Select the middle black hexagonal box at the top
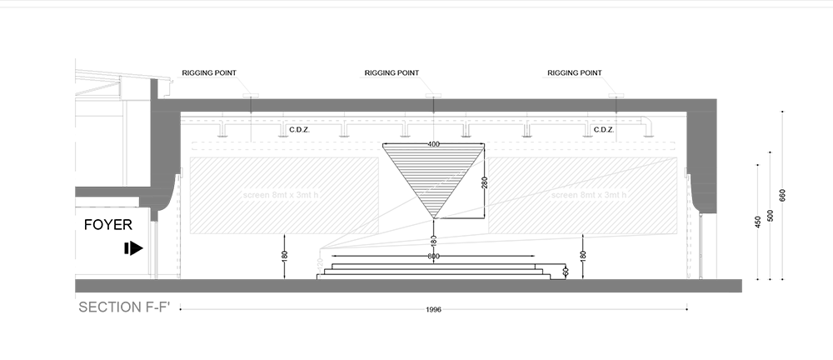click(x=392, y=59)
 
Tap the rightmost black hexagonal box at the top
click(x=575, y=59)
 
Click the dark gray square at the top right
click(x=734, y=83)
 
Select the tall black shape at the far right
click(x=787, y=167)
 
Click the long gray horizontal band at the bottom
click(x=416, y=287)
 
